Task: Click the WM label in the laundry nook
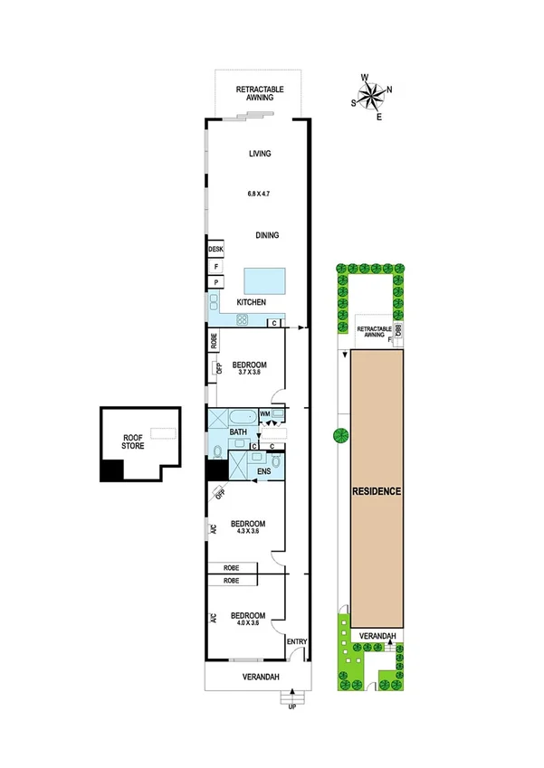[265, 413]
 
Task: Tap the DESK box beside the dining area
[215, 249]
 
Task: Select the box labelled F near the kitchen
[216, 267]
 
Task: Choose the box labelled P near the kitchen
[216, 282]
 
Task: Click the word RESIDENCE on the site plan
[377, 492]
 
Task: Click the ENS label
[263, 471]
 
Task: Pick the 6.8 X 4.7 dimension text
[260, 193]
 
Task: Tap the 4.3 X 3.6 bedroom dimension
[246, 531]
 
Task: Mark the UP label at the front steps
[291, 707]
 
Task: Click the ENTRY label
[297, 642]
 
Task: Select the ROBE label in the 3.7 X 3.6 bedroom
[214, 341]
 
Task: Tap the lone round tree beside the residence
[340, 436]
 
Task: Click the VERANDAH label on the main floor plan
[260, 678]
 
